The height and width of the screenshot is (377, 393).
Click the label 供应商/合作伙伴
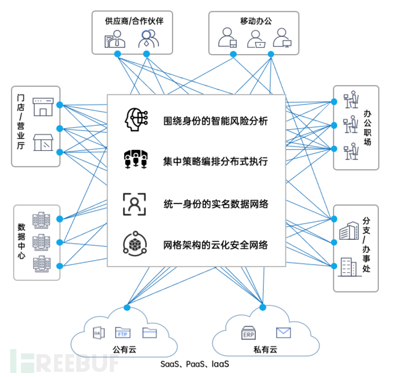pos(130,21)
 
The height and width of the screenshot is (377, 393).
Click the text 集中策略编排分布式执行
pos(215,161)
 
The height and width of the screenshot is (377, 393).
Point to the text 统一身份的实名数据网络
pos(215,204)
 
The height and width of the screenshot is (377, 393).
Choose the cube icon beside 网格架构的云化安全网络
pos(136,245)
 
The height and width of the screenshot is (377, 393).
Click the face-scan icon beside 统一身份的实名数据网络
pos(136,204)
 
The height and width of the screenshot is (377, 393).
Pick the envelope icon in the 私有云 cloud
pos(283,332)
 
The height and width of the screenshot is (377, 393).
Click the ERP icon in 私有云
pos(249,332)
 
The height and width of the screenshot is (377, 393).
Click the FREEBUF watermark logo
pos(54,359)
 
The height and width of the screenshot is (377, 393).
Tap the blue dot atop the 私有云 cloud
pos(263,307)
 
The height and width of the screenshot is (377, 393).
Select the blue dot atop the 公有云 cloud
pos(126,308)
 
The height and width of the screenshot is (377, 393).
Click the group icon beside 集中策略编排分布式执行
pos(136,161)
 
